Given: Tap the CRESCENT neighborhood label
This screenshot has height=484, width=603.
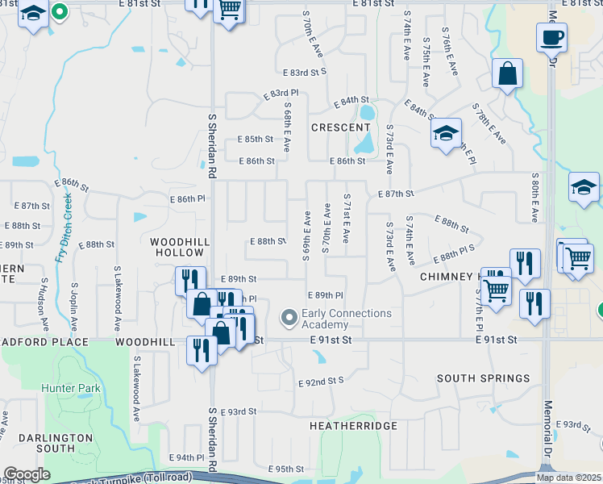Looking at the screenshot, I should [x=340, y=127].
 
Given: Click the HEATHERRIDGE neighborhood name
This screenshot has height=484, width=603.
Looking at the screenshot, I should [x=353, y=425].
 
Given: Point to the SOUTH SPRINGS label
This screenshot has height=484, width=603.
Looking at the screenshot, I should [x=483, y=378].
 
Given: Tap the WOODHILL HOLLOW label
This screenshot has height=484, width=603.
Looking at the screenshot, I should [x=181, y=247].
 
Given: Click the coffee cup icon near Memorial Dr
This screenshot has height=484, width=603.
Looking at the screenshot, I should [x=551, y=37].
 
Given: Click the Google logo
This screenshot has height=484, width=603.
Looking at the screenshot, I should [x=27, y=474].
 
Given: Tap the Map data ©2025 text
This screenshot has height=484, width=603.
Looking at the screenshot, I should [x=568, y=478].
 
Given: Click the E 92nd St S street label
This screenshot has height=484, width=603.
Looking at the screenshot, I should [x=321, y=381].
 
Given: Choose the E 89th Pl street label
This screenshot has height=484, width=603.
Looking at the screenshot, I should [x=326, y=296].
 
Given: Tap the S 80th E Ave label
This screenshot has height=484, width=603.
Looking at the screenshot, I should [x=534, y=198].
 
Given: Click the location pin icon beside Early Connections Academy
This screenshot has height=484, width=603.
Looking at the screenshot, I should [x=289, y=319].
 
